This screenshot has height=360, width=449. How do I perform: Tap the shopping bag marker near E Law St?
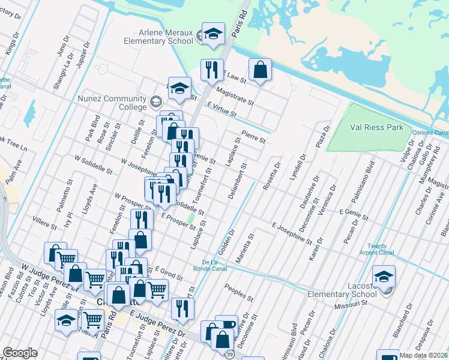click(x=260, y=70)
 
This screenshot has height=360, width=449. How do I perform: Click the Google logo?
click(x=20, y=353)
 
